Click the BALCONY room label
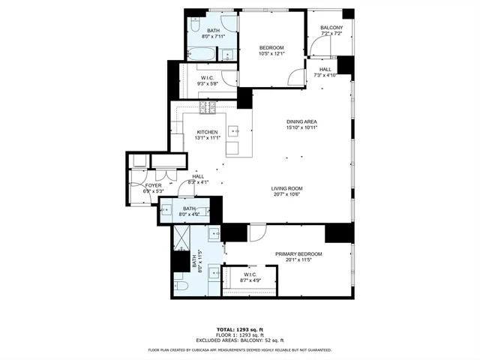331,27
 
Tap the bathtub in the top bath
200,54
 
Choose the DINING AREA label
303,121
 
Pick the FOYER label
152,184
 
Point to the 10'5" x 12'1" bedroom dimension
271,54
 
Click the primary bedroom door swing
257,232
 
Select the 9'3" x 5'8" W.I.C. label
208,84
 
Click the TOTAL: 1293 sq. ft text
239,329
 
